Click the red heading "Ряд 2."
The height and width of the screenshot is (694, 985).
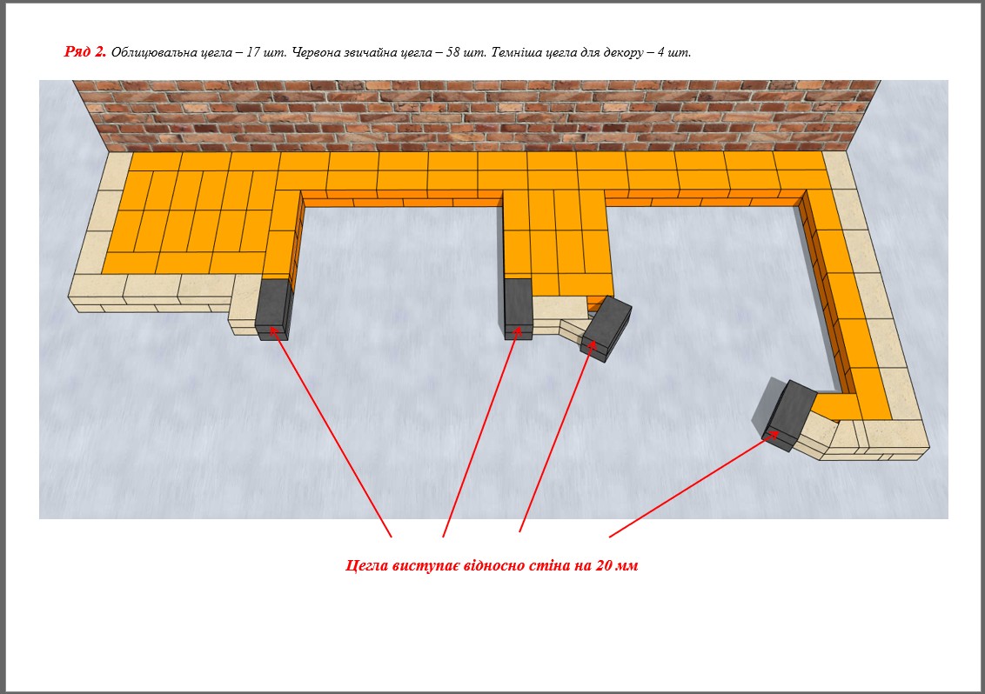(x=84, y=52)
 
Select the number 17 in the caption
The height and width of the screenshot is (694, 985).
(x=252, y=52)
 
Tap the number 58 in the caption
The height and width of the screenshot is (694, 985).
(x=453, y=52)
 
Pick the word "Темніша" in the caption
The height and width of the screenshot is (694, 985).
(x=516, y=53)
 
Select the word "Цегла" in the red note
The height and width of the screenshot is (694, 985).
(x=367, y=566)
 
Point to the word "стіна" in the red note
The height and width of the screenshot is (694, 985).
(x=549, y=565)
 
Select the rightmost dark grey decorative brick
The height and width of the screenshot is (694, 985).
(x=789, y=415)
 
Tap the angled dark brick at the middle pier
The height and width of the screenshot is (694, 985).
(x=606, y=329)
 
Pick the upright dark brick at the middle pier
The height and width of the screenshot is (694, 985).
(x=519, y=309)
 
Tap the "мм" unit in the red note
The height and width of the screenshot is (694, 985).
(x=627, y=566)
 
